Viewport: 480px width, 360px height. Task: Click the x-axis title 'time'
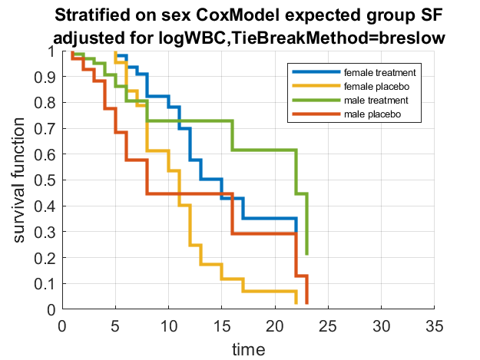[249, 349]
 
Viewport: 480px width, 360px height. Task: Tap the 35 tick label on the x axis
[434, 324]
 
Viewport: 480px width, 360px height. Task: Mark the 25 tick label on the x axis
[328, 324]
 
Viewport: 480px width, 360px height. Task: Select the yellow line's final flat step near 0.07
[269, 292]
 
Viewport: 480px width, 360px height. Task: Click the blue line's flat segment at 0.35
[269, 219]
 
